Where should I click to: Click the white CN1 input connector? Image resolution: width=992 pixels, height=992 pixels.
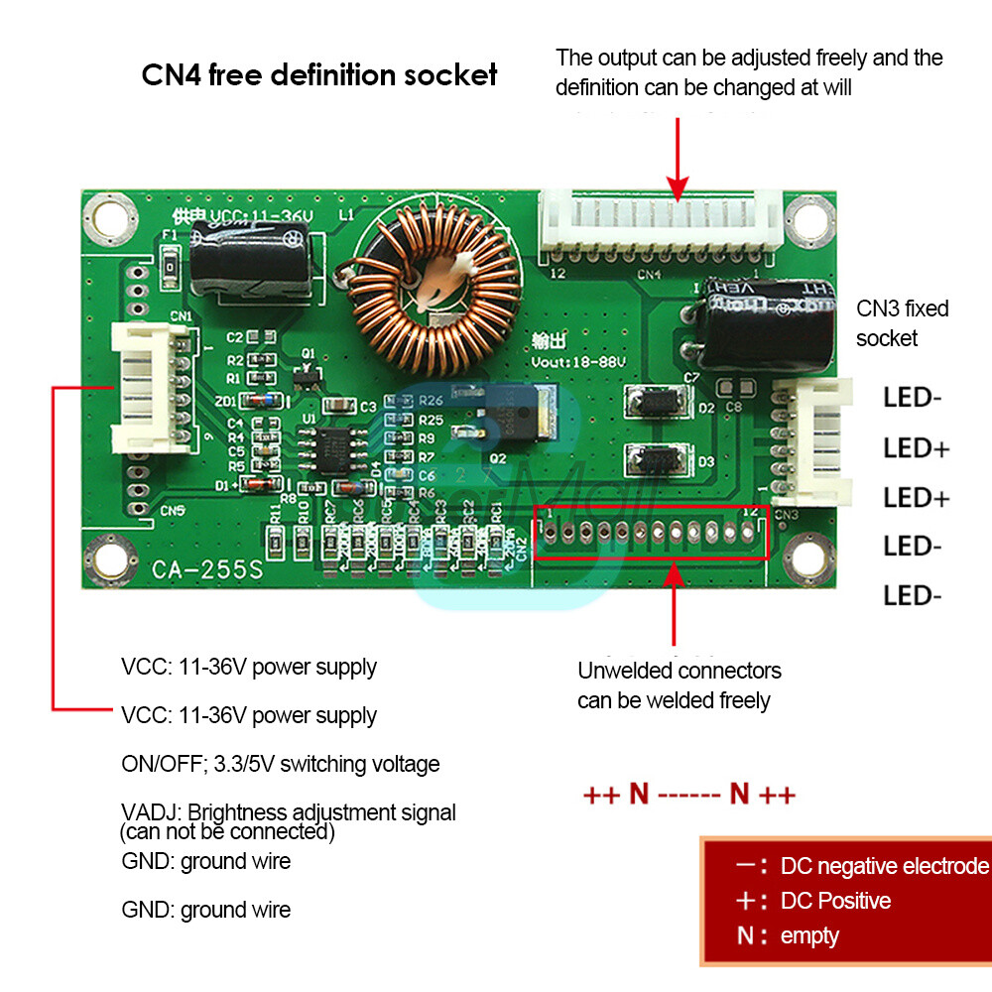[148, 388]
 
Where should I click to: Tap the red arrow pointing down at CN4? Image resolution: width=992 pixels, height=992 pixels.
[678, 159]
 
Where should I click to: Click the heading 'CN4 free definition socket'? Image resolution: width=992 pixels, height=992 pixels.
[319, 75]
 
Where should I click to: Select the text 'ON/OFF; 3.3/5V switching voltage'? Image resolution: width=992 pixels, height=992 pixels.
[280, 764]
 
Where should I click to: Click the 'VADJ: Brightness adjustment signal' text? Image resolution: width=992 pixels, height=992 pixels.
[289, 812]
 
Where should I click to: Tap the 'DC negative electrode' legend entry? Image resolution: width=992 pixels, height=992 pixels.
[883, 866]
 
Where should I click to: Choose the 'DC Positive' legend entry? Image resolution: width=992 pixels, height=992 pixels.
[835, 901]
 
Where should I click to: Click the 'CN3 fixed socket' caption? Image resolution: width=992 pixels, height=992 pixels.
[902, 323]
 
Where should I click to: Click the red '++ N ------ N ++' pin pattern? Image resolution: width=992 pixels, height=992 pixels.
[688, 795]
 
